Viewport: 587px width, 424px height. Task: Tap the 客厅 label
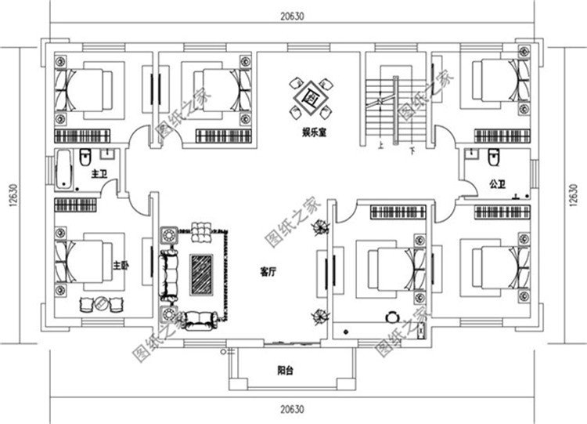point(268,273)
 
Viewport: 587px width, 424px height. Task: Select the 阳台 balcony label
point(286,371)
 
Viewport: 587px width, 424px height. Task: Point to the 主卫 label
point(99,172)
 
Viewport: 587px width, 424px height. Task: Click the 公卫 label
point(495,184)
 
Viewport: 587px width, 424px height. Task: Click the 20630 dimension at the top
point(294,13)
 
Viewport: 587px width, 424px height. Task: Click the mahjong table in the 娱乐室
point(310,97)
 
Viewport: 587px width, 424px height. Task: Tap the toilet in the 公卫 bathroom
point(493,159)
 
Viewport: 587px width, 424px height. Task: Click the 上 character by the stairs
point(379,145)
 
